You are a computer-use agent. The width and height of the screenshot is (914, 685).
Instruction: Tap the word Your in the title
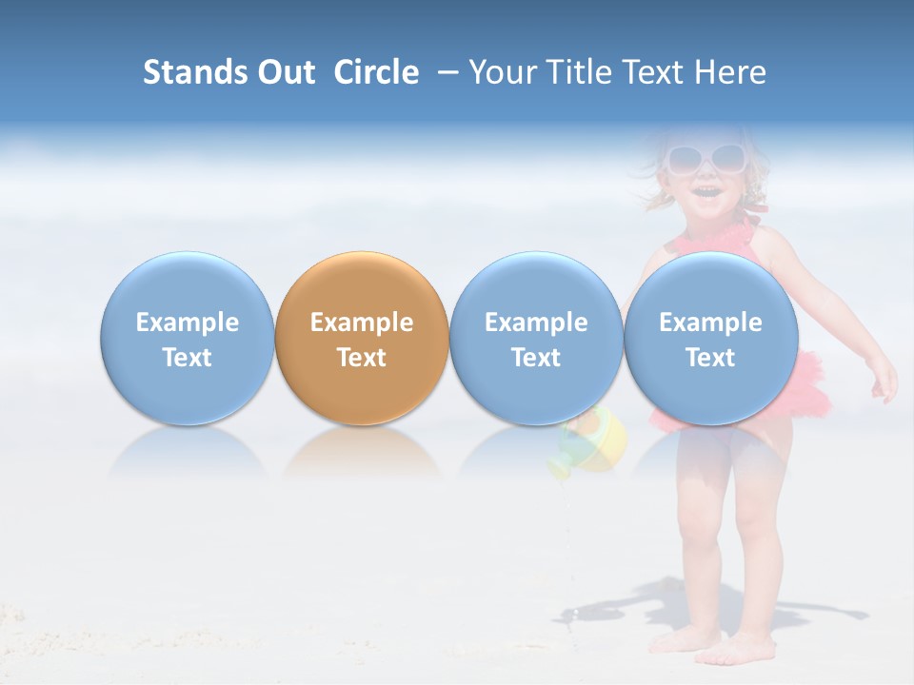[x=501, y=72]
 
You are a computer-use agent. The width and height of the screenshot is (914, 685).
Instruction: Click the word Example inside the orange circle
[x=362, y=323]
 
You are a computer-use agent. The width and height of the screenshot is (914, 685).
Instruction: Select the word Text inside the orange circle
[x=362, y=358]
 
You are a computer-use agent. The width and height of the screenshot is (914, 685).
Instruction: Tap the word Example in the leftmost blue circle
[x=188, y=323]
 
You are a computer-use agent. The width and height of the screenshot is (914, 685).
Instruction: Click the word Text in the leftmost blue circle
[x=188, y=358]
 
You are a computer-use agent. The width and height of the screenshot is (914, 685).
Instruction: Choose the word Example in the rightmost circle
[x=710, y=323]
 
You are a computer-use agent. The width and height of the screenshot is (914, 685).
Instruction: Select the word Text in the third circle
[x=536, y=358]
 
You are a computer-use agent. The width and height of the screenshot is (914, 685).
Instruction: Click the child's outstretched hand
[x=884, y=381]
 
